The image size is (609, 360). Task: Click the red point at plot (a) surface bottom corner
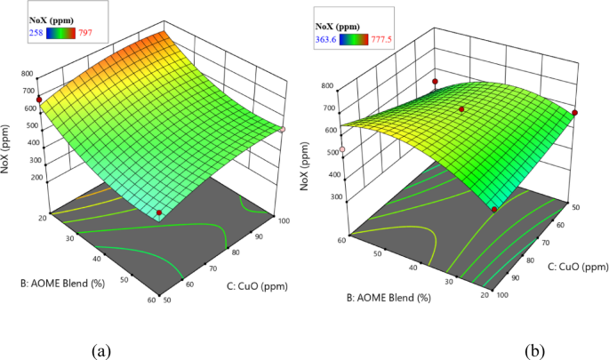point(159,213)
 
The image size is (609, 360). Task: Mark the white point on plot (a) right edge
point(282,130)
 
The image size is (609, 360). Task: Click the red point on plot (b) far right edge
point(575,113)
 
